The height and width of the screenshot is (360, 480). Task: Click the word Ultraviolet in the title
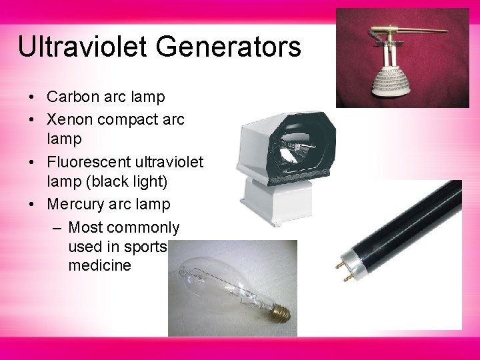[86, 47]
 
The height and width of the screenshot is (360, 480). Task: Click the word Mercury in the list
[75, 204]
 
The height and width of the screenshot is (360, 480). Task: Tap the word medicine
[100, 265]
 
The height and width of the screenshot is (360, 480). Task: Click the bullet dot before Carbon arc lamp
[32, 98]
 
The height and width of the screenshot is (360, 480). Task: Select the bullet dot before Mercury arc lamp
[32, 205]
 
